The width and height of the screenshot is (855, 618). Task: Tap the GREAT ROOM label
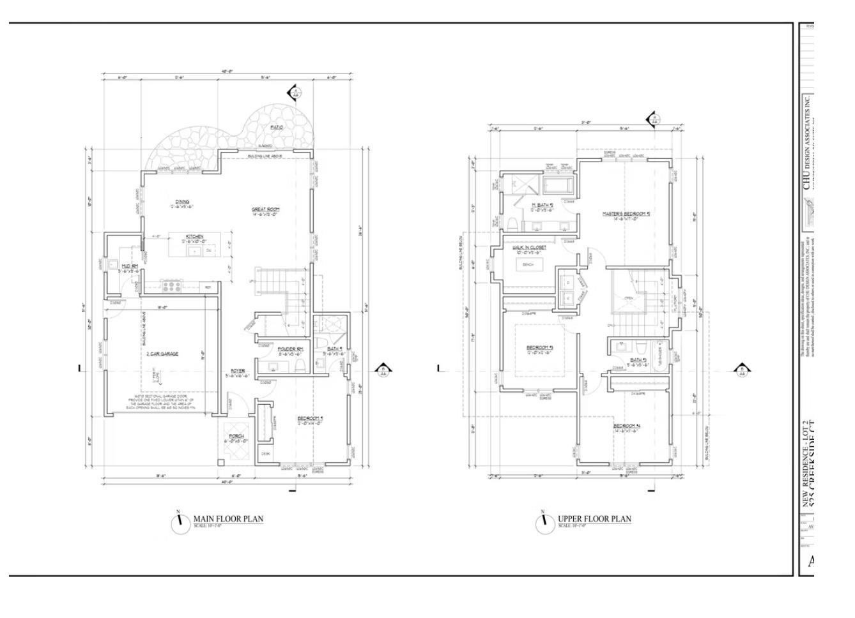265,209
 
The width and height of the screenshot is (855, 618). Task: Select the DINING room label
182,202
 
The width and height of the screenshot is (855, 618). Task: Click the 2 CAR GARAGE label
162,354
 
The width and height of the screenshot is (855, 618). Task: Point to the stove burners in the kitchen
172,284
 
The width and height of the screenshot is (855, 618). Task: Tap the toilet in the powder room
299,365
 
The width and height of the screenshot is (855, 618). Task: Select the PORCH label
236,437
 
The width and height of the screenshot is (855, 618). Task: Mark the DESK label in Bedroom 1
265,454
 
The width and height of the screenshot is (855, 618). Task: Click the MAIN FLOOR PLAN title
228,519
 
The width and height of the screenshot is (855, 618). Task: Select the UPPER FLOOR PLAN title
594,519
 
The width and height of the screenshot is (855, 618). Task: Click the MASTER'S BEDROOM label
626,214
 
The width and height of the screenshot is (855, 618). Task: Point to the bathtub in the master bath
560,186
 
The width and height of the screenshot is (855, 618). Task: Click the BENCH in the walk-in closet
528,264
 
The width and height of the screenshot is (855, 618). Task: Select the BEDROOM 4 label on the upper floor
627,426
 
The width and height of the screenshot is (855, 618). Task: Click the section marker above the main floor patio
295,93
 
